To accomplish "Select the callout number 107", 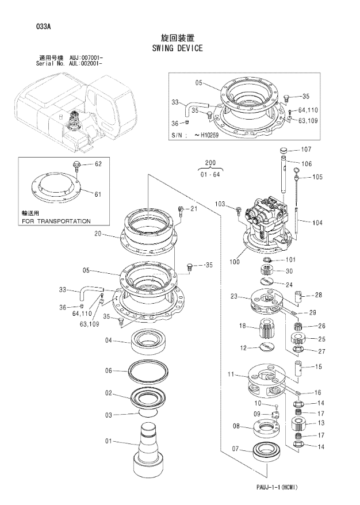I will click(305, 150).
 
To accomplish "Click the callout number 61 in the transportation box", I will click(98, 194).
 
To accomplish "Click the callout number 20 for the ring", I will click(98, 234).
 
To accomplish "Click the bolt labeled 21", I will click(181, 210).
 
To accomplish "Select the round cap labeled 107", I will click(283, 151).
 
